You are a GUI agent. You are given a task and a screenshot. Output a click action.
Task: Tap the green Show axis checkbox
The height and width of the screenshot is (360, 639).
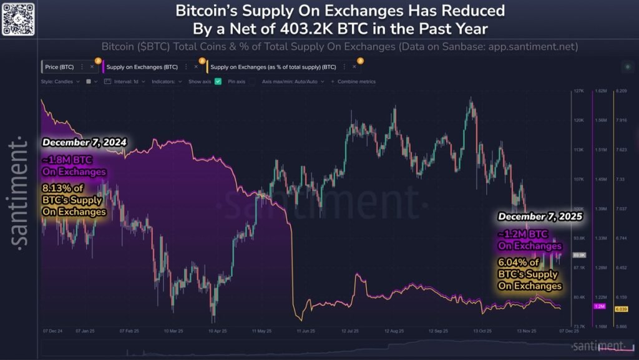pos(218,82)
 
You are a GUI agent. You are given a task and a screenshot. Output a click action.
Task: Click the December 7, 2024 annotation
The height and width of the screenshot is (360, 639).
pos(85,142)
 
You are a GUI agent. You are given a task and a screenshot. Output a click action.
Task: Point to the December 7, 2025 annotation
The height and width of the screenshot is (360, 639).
pos(540,217)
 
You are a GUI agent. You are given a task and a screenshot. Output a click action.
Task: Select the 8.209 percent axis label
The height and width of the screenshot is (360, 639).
pos(622,91)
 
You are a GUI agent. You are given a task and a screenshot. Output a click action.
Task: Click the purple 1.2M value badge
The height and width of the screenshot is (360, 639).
pos(600,306)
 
